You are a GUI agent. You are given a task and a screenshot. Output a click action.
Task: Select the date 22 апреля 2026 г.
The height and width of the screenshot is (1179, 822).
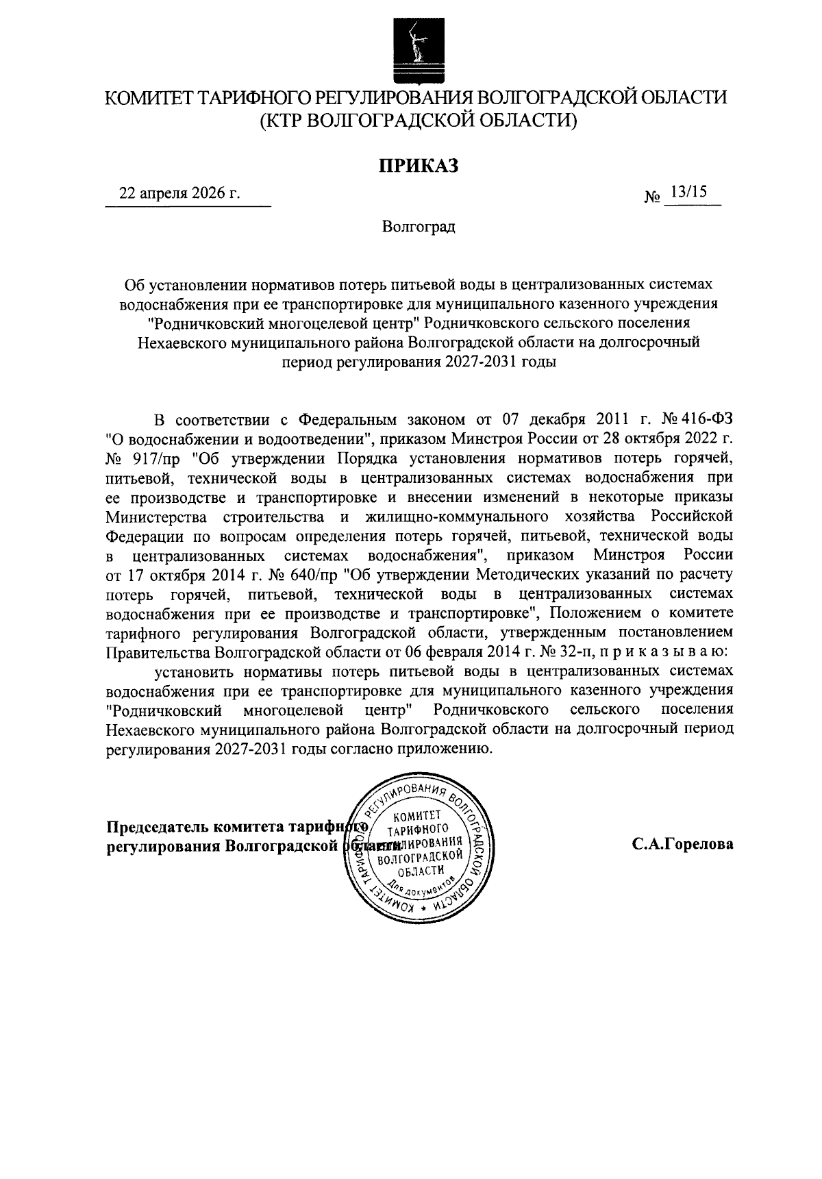179,193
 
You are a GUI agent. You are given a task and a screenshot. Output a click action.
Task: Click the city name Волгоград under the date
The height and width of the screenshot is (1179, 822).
419,227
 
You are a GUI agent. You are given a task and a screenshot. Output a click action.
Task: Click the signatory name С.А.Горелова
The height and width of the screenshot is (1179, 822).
682,845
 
